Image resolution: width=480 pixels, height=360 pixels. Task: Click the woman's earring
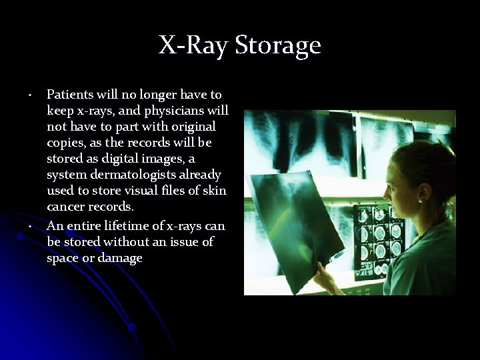(x=421, y=199)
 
